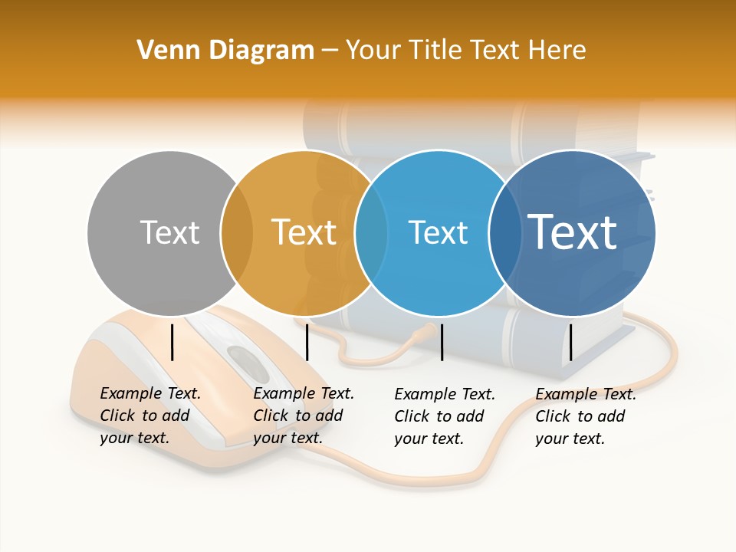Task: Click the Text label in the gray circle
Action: coord(169,232)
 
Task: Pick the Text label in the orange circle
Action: coord(304,232)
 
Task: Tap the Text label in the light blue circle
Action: coord(438,232)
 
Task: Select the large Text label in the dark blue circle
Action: coord(572,232)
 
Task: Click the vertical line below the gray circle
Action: coord(172,342)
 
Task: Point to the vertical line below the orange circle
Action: coord(307,342)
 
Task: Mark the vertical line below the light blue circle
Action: coord(442,342)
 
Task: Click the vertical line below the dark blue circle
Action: coord(570,342)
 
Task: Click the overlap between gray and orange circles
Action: coord(238,233)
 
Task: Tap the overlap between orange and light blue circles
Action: coord(371,233)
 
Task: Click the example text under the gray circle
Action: coord(150,416)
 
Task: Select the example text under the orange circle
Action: coord(304,416)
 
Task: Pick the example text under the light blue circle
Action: coord(445,416)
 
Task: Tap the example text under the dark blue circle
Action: coord(586,416)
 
